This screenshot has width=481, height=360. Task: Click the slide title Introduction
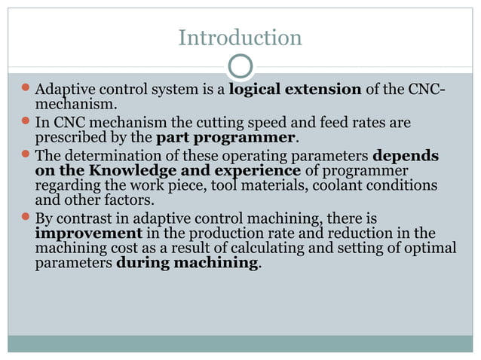(x=240, y=37)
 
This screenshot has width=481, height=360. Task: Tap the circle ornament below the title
(x=240, y=67)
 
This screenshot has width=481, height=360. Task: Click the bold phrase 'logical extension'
(x=295, y=90)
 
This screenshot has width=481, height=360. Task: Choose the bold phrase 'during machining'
(x=186, y=264)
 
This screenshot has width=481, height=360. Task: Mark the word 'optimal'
(x=431, y=249)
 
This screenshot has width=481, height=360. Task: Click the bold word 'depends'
(x=406, y=155)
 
